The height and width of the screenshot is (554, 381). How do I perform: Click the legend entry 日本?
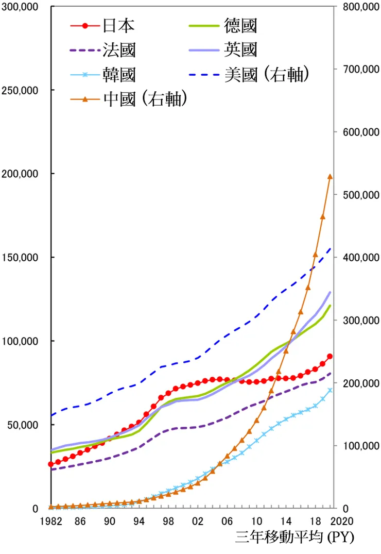tap(118, 25)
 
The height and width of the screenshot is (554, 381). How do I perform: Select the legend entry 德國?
tap(240, 25)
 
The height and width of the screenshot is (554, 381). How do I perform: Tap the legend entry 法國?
tap(118, 50)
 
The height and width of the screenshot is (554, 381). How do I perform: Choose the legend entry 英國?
tap(240, 50)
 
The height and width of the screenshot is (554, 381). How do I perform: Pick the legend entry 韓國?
tap(118, 75)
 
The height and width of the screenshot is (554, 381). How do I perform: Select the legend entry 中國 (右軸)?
tap(145, 99)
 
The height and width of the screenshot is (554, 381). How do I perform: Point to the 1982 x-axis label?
tap(51, 521)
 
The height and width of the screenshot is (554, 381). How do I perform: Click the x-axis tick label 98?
tap(168, 521)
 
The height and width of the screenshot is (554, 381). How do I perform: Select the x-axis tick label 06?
tap(227, 521)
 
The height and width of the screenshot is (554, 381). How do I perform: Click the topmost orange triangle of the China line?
tap(330, 177)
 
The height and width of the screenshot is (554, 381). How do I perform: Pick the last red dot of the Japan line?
tap(330, 356)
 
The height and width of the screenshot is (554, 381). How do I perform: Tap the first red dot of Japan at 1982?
tap(51, 464)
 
